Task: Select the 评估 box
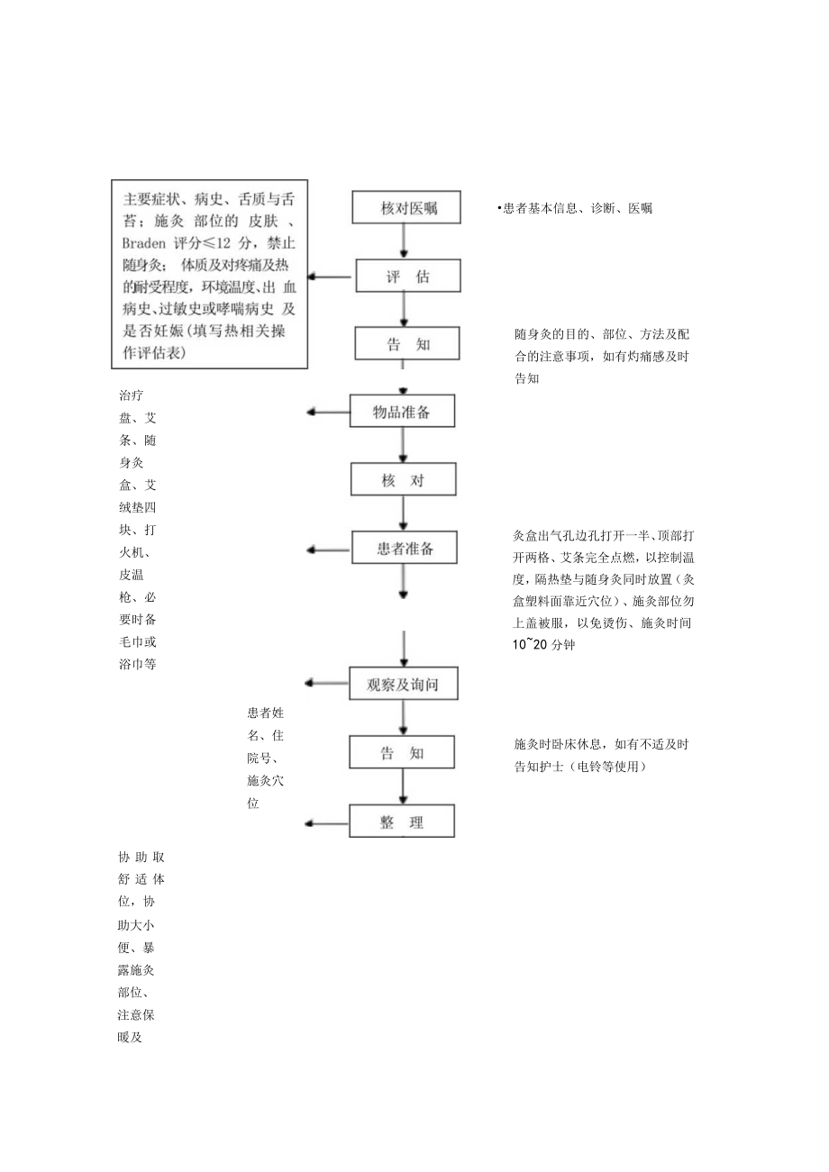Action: [402, 277]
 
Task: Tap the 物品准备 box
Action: [402, 412]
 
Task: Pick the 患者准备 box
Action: [403, 549]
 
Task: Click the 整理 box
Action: [402, 822]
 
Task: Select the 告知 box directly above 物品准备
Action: [402, 344]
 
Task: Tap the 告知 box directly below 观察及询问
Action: [402, 752]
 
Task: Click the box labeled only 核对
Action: [402, 480]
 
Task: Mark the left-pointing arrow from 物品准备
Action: [328, 412]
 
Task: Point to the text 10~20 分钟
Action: [542, 645]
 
